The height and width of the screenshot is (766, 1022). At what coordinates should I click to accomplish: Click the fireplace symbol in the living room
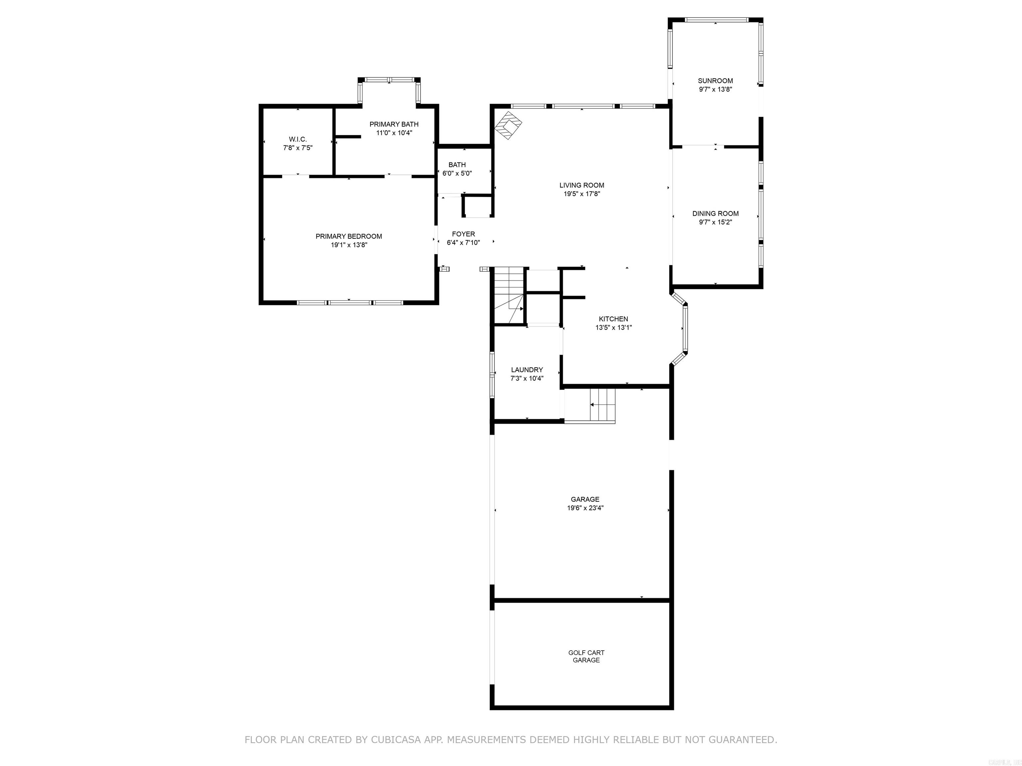tap(508, 125)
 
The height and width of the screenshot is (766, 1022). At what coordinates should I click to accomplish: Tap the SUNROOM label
tap(715, 81)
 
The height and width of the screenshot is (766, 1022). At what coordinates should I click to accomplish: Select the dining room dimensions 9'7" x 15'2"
tap(715, 222)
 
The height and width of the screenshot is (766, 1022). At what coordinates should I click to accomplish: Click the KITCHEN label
tap(613, 319)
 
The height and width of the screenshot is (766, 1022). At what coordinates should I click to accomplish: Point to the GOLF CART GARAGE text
tap(586, 656)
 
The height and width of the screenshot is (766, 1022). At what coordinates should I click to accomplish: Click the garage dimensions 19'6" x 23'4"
tap(585, 508)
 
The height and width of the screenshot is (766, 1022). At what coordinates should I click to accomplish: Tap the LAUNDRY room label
tap(527, 370)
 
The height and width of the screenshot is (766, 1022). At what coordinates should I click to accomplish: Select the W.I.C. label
tap(297, 139)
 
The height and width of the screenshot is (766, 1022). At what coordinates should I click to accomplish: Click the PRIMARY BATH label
tap(394, 124)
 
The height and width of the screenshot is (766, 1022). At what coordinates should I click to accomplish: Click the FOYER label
tap(463, 234)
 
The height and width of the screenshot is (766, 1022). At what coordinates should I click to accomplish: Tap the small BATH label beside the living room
tap(457, 165)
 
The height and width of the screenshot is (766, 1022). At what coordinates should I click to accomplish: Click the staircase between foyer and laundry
tap(509, 296)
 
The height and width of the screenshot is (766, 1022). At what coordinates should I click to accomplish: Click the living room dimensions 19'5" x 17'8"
tap(581, 194)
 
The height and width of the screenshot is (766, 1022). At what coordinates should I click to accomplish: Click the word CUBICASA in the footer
tap(396, 740)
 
